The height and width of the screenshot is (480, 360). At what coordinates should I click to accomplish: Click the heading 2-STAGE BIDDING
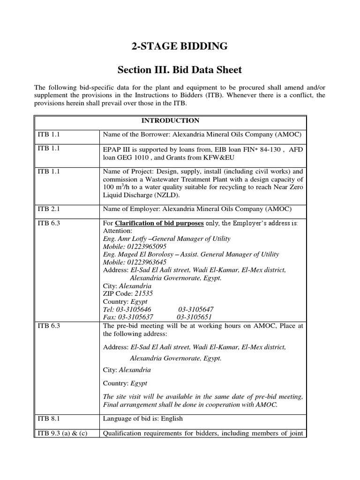point(180,46)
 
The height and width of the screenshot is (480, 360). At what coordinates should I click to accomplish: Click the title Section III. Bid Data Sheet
point(180,70)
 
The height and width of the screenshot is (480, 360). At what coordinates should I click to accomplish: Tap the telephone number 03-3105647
point(195,310)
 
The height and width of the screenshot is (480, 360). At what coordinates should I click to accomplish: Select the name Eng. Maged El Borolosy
point(135,254)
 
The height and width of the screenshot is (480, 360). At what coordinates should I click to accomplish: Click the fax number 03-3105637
point(136,317)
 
